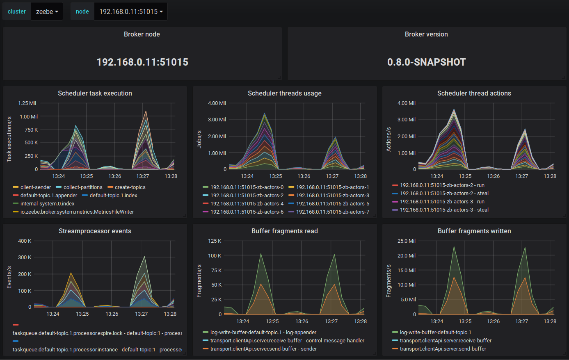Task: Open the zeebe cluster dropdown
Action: coord(47,11)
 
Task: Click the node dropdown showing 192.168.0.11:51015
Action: coord(130,11)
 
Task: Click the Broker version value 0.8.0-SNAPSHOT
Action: coord(426,62)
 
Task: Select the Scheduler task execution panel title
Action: coord(95,93)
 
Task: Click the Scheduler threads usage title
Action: coord(284,93)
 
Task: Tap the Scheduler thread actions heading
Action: coord(474,93)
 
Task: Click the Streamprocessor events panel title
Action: coord(95,231)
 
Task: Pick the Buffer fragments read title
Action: coord(284,231)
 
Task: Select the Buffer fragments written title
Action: coord(474,231)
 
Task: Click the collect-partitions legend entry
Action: coord(83,187)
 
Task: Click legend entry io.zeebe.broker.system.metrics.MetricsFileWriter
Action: coord(77,212)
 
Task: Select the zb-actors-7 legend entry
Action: coord(332,212)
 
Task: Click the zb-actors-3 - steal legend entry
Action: coord(444,210)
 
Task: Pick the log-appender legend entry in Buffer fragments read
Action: coord(263,333)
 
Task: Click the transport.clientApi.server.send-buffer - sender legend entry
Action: coord(263,349)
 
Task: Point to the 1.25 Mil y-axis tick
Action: coord(27,103)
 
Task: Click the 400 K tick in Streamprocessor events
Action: coord(25,241)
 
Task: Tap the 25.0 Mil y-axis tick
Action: coord(406,241)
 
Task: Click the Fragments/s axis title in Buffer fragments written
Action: coord(389,281)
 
